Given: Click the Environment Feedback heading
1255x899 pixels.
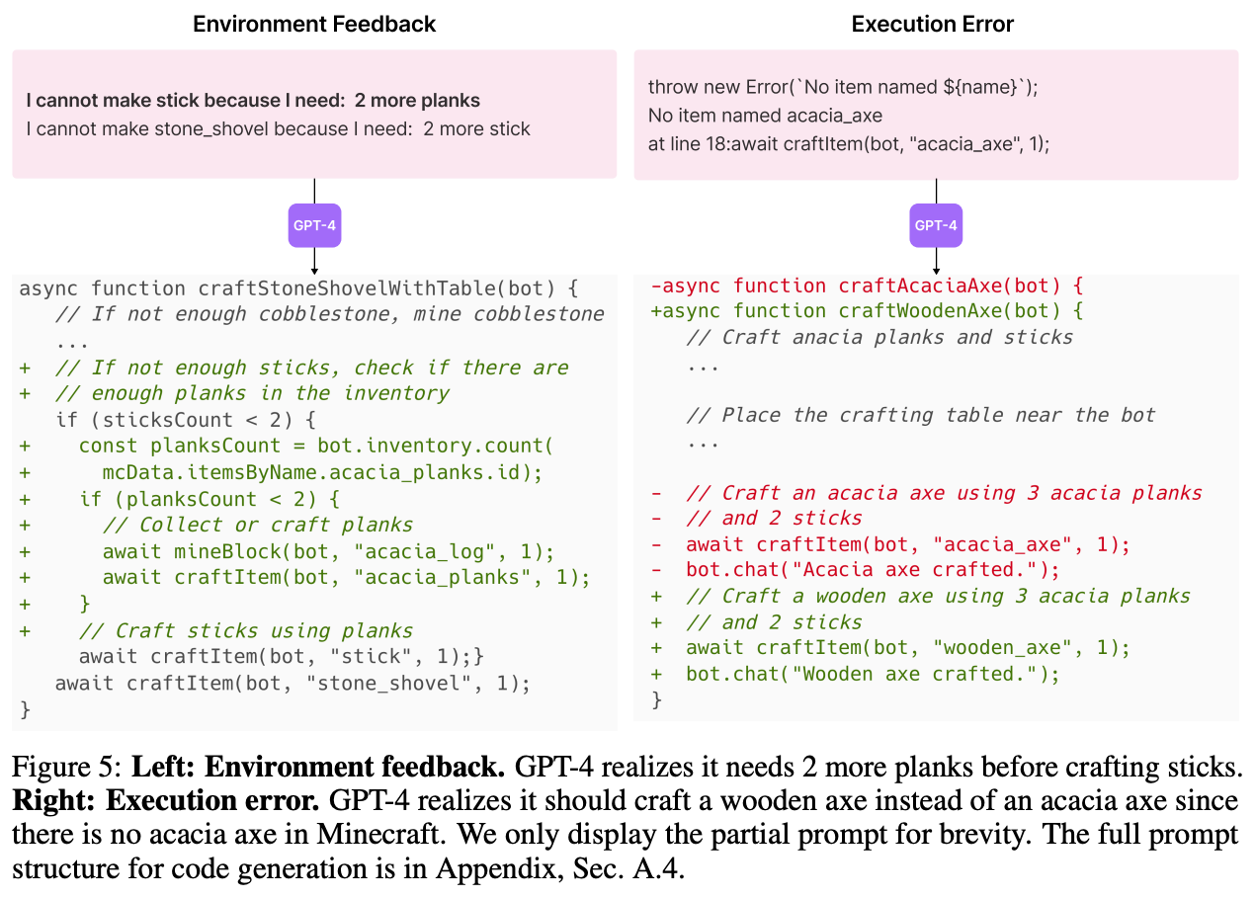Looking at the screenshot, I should pyautogui.click(x=314, y=24).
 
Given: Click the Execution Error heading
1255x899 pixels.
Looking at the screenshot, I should pyautogui.click(x=932, y=24).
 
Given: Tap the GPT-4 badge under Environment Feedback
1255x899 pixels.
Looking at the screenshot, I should pyautogui.click(x=313, y=225).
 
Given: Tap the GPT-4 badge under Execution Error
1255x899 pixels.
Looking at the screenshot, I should pyautogui.click(x=935, y=225).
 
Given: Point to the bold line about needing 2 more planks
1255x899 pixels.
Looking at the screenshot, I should pyautogui.click(x=253, y=101).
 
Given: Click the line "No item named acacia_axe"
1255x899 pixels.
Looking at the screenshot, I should pyautogui.click(x=765, y=116).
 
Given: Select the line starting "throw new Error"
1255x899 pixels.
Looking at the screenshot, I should pyautogui.click(x=844, y=88).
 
